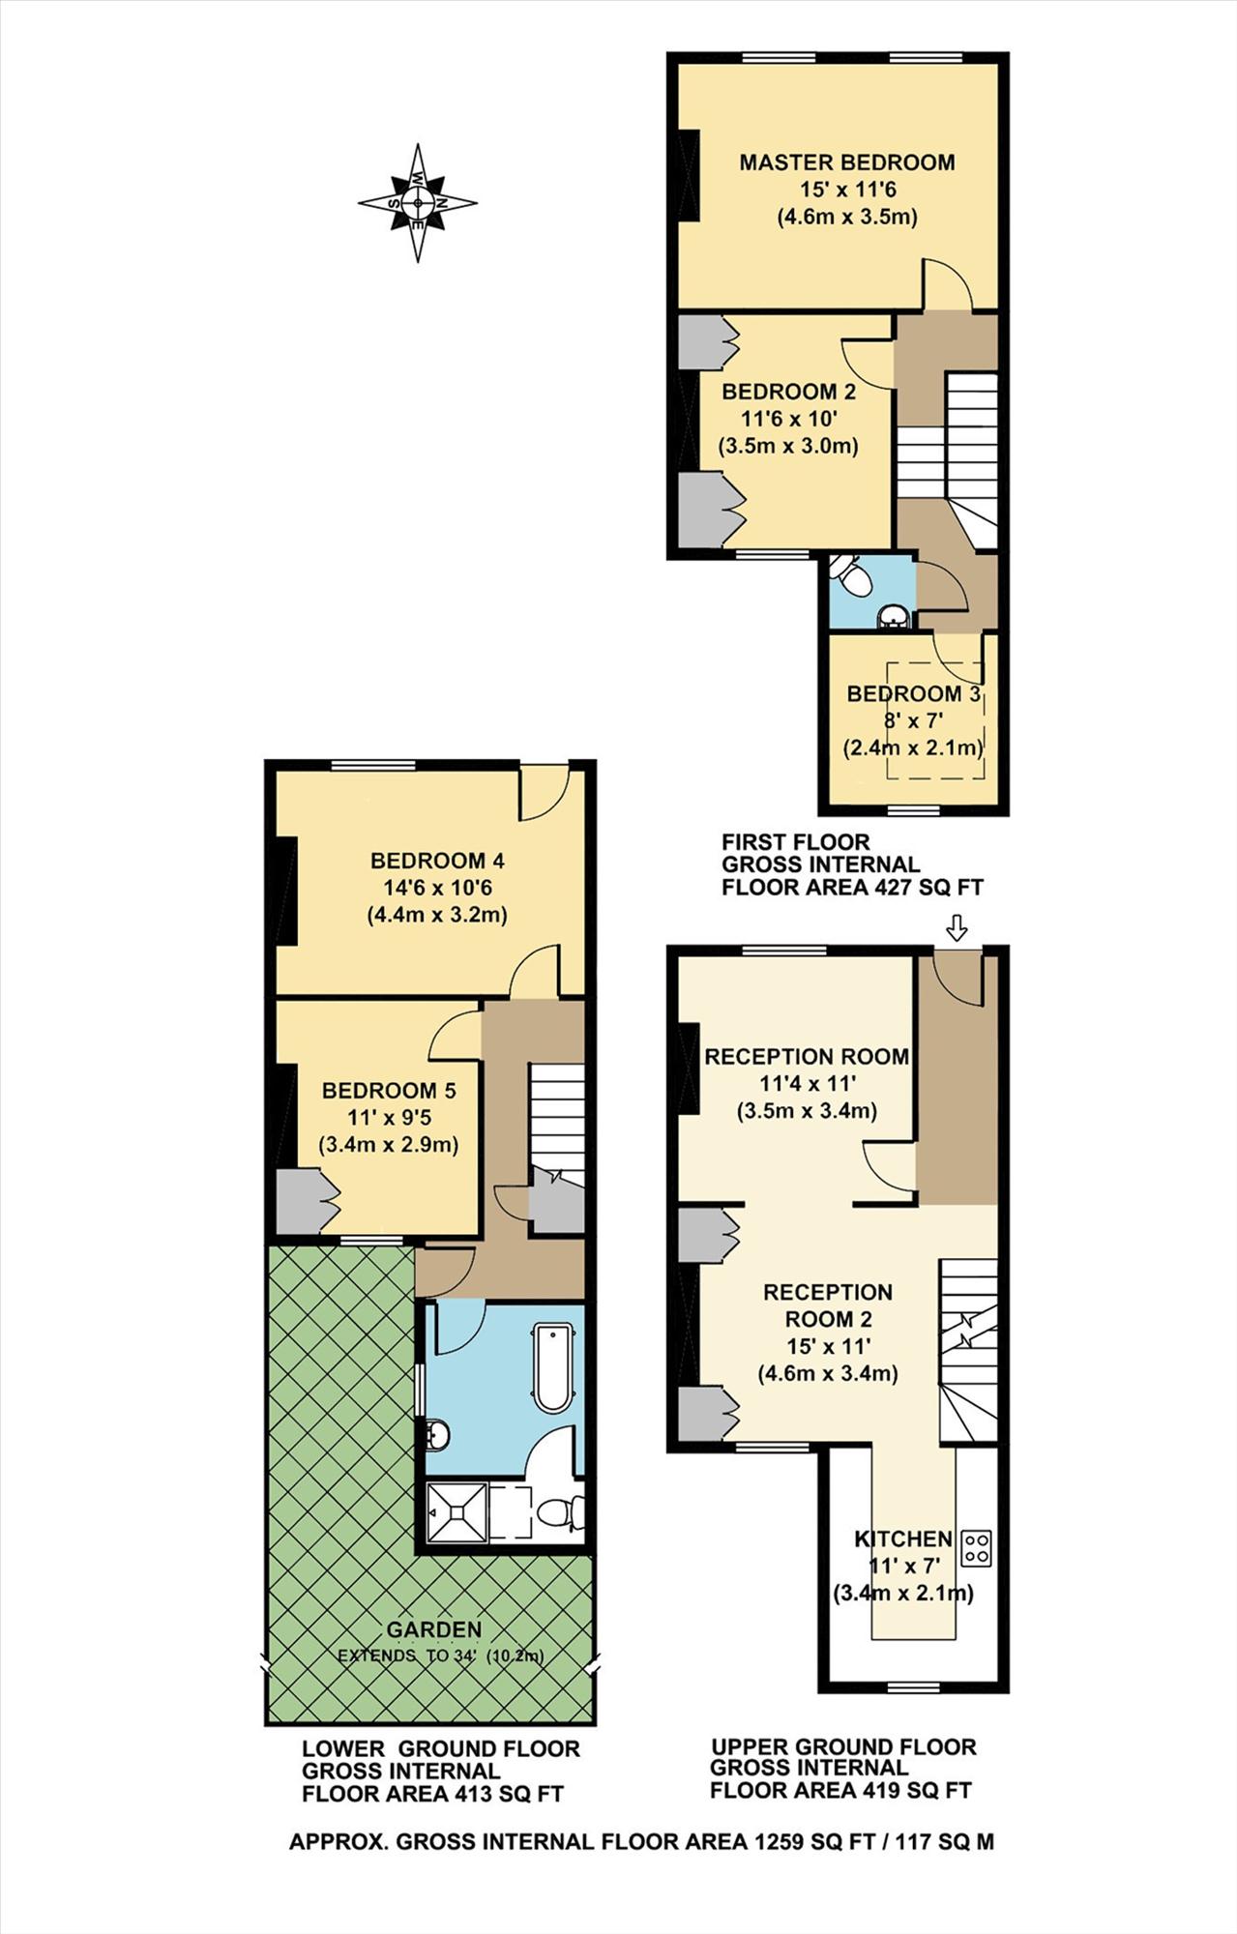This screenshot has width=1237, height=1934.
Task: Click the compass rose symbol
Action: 418,203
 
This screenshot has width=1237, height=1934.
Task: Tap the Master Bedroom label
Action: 846,162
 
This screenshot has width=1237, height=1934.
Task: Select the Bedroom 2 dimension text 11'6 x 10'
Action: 788,420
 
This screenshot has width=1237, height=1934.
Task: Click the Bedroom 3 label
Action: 914,694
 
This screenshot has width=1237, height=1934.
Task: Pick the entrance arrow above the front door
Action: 957,928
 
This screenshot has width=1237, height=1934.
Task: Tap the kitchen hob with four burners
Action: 976,1548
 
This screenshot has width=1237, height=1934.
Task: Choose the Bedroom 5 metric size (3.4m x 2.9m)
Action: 389,1145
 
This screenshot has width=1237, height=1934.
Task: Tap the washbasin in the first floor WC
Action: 892,617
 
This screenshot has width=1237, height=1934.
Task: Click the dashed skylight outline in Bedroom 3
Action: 936,719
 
